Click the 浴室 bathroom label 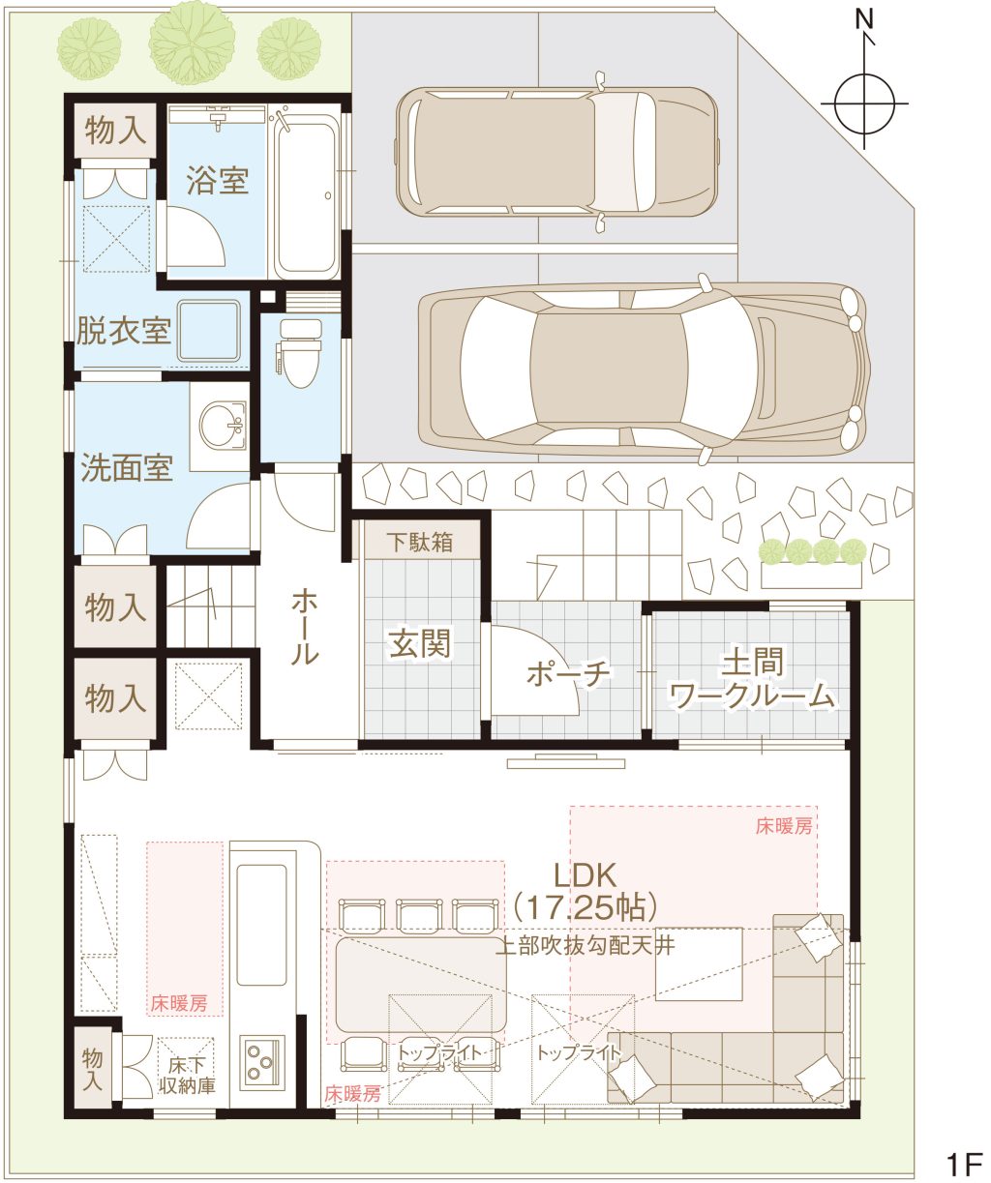tap(217, 181)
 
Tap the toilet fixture tap(300, 352)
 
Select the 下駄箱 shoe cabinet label tap(420, 543)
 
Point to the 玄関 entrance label tap(420, 643)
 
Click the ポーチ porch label tap(569, 673)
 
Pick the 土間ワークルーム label tap(752, 679)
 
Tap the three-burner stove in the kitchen tap(261, 1063)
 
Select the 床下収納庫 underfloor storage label tap(187, 1075)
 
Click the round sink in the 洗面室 tap(223, 425)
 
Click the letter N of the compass tap(864, 20)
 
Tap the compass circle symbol tap(864, 104)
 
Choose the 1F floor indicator tap(963, 1161)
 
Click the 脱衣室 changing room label tap(124, 331)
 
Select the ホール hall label tap(305, 626)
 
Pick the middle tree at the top tap(192, 43)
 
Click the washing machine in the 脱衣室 tap(209, 331)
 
